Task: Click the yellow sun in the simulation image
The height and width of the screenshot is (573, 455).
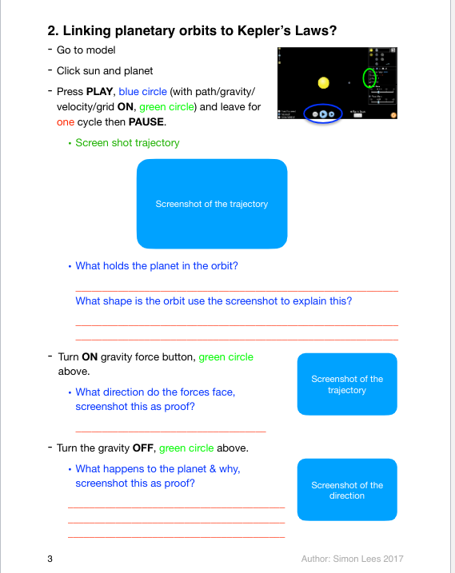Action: pos(323,82)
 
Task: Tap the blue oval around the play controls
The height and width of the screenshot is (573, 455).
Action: pos(325,114)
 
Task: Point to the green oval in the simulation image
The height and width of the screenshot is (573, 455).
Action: pos(369,78)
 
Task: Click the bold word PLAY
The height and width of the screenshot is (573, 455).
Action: pos(102,91)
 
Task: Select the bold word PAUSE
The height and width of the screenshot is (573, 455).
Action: pos(146,123)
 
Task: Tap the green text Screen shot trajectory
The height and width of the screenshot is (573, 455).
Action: pos(127,143)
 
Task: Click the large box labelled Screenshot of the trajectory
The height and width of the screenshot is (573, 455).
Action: pos(212,203)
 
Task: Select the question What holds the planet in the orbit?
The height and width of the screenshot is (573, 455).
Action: pos(156,266)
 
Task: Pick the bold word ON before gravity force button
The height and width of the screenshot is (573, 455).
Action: pos(90,357)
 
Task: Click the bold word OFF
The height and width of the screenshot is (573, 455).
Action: pos(146,448)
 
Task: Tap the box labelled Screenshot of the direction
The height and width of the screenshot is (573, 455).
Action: pos(347,490)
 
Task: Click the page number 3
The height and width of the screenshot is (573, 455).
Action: pos(50,558)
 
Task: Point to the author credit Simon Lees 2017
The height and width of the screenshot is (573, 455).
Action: pos(357,558)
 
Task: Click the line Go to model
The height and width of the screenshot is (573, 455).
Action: pos(86,50)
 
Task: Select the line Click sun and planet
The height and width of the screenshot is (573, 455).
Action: pos(104,71)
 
